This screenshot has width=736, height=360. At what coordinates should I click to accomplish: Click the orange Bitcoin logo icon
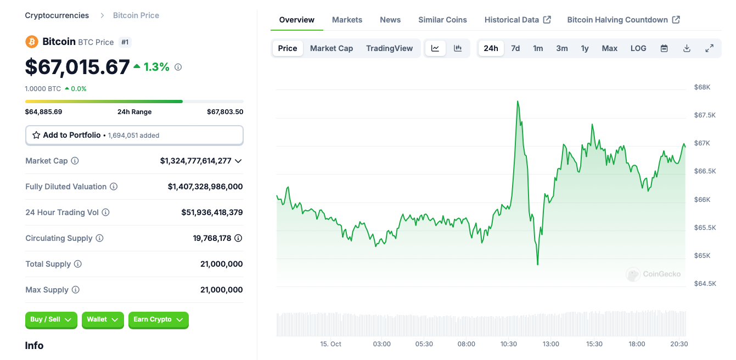click(32, 42)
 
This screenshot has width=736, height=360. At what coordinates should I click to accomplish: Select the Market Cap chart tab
click(332, 48)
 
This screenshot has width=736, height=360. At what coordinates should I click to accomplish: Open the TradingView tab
click(389, 48)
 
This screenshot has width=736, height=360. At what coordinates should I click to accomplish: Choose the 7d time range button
click(515, 48)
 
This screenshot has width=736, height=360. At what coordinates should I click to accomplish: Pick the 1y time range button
click(585, 48)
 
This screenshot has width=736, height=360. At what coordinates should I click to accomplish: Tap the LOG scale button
click(638, 48)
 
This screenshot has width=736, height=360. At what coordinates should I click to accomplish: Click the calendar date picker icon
click(664, 48)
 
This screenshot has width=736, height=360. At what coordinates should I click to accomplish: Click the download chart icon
click(687, 48)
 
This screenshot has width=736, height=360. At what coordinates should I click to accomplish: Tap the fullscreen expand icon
click(709, 48)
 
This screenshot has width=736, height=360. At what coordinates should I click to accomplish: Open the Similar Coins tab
click(442, 20)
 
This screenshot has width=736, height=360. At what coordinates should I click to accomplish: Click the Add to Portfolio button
click(134, 135)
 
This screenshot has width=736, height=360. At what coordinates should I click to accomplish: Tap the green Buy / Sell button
click(51, 319)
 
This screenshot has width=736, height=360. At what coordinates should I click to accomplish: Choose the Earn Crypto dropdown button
click(158, 319)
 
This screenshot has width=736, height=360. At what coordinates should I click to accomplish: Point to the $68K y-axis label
click(702, 87)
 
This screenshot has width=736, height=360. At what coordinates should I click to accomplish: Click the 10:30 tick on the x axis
click(509, 344)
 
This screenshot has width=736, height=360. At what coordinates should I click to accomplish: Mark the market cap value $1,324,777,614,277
click(196, 161)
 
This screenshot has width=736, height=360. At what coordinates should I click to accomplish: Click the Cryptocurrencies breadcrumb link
click(57, 15)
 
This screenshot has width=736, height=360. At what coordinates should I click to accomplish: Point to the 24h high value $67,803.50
click(225, 112)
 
